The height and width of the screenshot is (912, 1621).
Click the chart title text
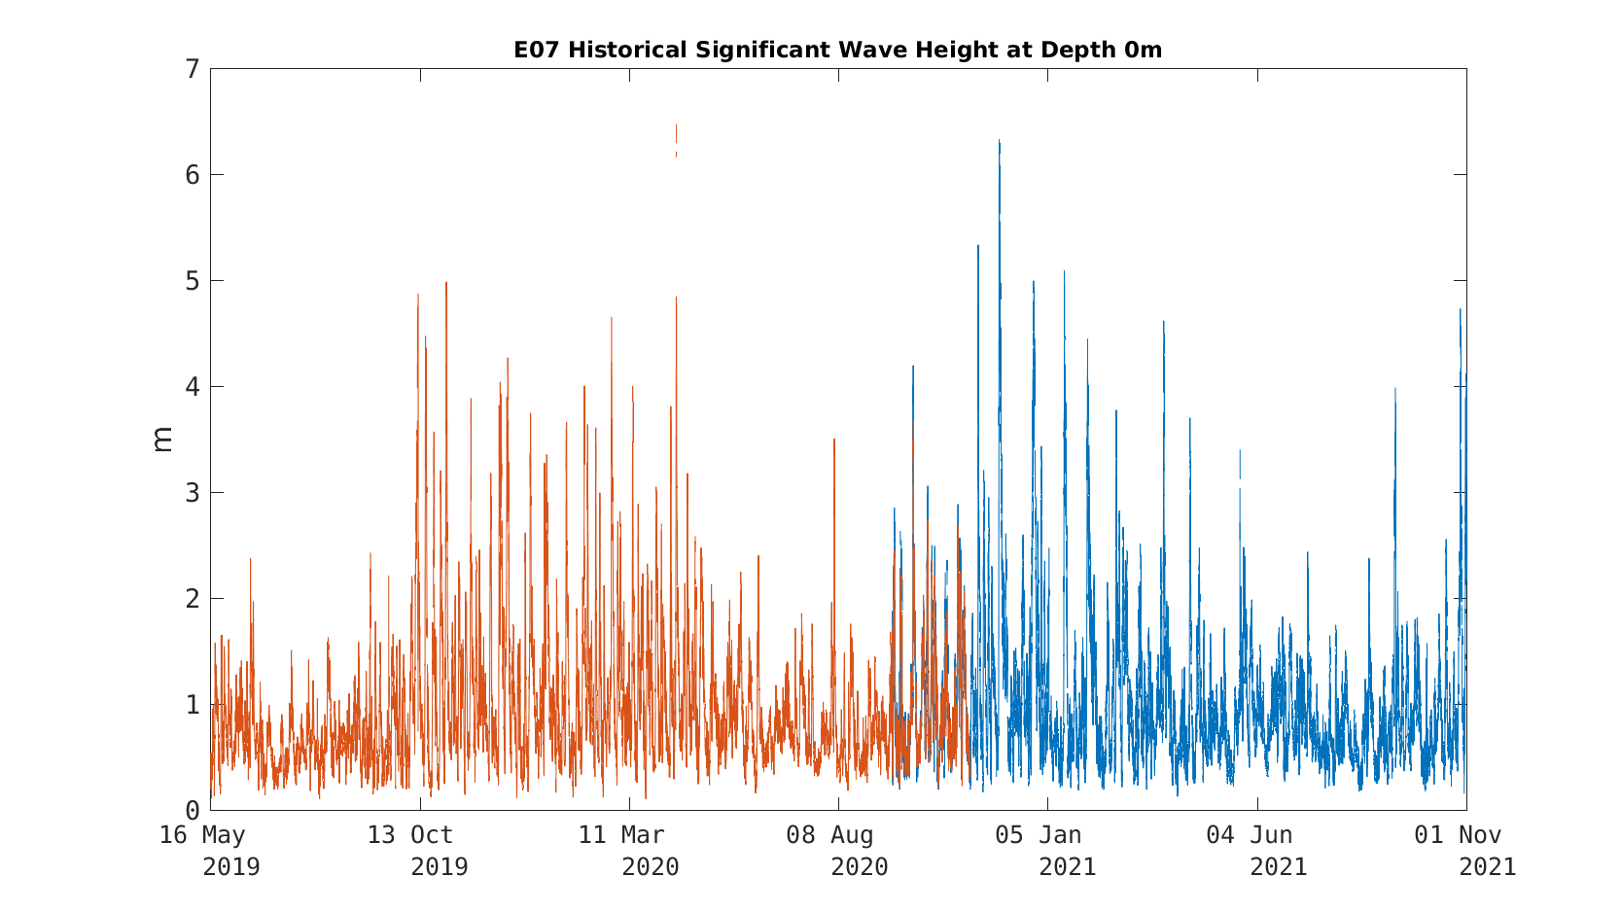(837, 50)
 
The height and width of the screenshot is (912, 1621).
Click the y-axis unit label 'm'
(162, 439)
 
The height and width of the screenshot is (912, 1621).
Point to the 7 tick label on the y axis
(193, 69)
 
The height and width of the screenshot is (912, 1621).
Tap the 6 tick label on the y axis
(193, 175)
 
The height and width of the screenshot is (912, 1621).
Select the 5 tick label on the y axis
(193, 281)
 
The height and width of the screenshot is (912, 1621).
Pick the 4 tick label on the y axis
(193, 387)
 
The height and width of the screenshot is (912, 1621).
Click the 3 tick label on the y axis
(193, 493)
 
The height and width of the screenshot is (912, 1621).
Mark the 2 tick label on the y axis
(193, 599)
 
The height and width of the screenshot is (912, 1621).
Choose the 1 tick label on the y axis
(193, 704)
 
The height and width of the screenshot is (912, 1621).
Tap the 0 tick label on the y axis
(193, 811)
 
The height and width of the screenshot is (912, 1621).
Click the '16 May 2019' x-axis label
(210, 851)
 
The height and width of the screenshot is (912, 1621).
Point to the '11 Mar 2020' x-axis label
(628, 851)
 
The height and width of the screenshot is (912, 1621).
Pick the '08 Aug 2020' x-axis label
(837, 851)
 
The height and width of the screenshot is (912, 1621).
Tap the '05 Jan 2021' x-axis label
(1046, 851)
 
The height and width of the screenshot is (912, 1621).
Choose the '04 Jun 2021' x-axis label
(1256, 851)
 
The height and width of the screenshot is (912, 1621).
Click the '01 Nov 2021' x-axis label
(1465, 851)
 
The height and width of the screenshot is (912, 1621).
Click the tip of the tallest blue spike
(1000, 140)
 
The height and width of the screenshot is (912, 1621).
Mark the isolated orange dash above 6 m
(677, 140)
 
